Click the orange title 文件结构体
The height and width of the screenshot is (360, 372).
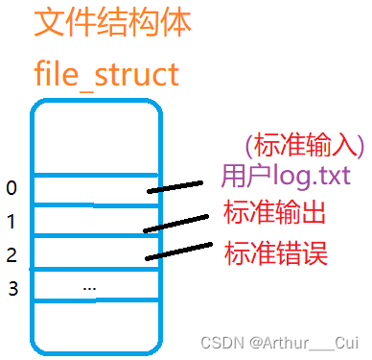pos(112,23)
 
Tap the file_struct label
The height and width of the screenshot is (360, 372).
pos(106,72)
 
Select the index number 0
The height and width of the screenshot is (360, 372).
pos(12,187)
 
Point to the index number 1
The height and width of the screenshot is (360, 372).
pos(12,222)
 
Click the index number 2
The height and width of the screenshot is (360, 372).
pos(12,255)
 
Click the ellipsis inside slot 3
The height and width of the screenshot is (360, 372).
pos(89,286)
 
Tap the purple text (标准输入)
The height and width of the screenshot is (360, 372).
pos(305,145)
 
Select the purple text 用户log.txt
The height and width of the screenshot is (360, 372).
pos(285,177)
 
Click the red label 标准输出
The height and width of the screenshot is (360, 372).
pos(274,212)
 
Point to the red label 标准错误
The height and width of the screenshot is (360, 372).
pos(275,252)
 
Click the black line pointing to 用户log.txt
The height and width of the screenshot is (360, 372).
pos(183,185)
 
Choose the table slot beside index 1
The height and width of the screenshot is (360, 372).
pos(86,221)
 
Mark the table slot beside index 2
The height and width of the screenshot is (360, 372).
pos(86,252)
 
